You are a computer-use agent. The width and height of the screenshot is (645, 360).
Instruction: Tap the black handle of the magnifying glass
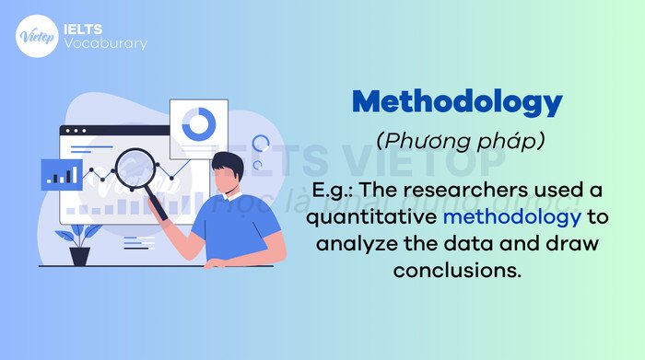[x=158, y=207]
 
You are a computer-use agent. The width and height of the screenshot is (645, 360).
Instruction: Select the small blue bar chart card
[x=61, y=173]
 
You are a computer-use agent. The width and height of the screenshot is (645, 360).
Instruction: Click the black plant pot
[x=80, y=255]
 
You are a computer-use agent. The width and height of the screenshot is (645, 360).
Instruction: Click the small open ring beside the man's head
[x=261, y=144]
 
